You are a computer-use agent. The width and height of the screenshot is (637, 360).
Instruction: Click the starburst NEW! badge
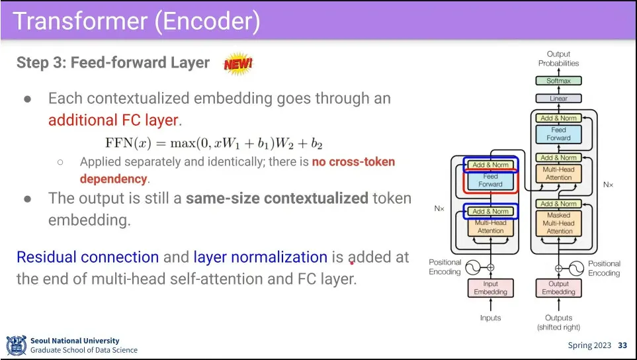[238, 64]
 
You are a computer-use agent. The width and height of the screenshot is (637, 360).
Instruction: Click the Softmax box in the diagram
[558, 81]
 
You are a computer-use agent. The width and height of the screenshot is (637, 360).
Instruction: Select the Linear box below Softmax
[558, 99]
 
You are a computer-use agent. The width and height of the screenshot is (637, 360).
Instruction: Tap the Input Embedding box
[490, 288]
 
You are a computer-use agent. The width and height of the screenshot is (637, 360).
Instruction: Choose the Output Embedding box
[558, 288]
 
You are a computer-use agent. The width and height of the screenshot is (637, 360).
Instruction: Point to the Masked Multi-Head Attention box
[559, 223]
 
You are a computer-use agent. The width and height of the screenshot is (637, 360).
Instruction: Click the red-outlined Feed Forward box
[491, 180]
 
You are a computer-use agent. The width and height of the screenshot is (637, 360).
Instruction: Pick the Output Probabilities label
[558, 58]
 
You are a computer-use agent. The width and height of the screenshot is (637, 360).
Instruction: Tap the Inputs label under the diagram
[490, 318]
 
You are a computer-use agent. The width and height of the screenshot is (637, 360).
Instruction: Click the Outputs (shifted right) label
[558, 322]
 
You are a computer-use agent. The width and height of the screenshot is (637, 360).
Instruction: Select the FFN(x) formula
[214, 144]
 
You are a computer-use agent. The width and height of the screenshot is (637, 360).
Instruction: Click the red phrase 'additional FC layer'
[113, 120]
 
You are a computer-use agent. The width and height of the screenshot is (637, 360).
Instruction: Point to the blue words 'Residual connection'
[87, 257]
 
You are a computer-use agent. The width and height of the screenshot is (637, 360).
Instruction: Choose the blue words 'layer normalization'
[260, 257]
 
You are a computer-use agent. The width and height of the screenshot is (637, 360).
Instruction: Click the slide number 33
[622, 345]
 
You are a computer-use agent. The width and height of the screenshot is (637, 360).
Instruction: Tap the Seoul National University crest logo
[16, 345]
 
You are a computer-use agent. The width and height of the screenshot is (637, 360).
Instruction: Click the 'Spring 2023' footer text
[590, 345]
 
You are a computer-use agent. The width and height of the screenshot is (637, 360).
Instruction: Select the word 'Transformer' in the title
[79, 21]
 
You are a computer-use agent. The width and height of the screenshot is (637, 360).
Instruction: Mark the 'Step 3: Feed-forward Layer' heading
[112, 63]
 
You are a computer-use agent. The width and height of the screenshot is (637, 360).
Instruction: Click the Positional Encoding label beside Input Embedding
[445, 267]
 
